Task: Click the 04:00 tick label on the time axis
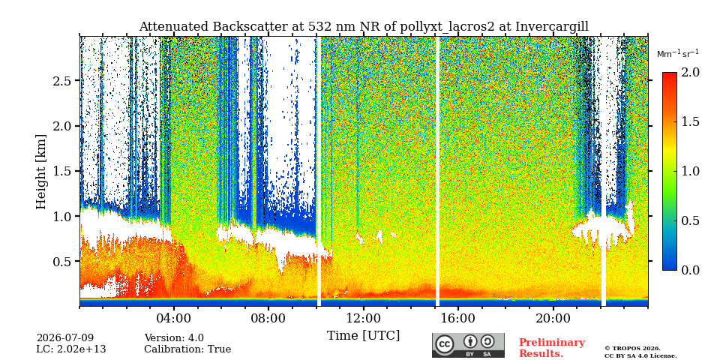click(174, 319)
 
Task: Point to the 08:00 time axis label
click(268, 319)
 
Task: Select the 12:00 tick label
click(364, 319)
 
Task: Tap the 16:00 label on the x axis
click(458, 319)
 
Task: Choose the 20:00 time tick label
click(553, 319)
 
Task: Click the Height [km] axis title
click(41, 172)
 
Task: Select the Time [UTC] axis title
click(363, 336)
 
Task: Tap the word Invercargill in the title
click(552, 27)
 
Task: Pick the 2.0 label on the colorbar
click(690, 72)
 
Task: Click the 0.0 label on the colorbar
click(690, 270)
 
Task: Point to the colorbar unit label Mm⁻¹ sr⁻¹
click(678, 54)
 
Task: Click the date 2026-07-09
click(65, 338)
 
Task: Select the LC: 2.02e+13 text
click(71, 349)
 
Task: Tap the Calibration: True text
click(187, 349)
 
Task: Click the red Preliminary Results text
click(552, 347)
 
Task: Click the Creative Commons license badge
click(468, 345)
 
